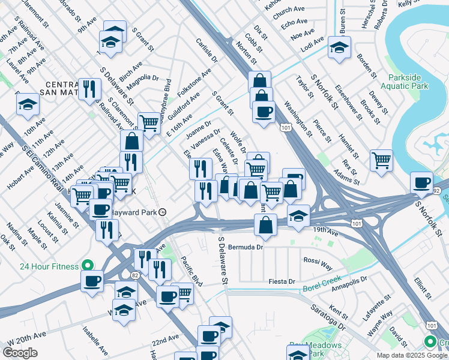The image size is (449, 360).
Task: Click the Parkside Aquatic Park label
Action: (408, 82)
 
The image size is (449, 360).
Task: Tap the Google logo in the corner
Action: (20, 352)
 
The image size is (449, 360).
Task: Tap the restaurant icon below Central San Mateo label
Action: (90, 89)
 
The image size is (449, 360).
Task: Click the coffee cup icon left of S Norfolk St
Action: (421, 182)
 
